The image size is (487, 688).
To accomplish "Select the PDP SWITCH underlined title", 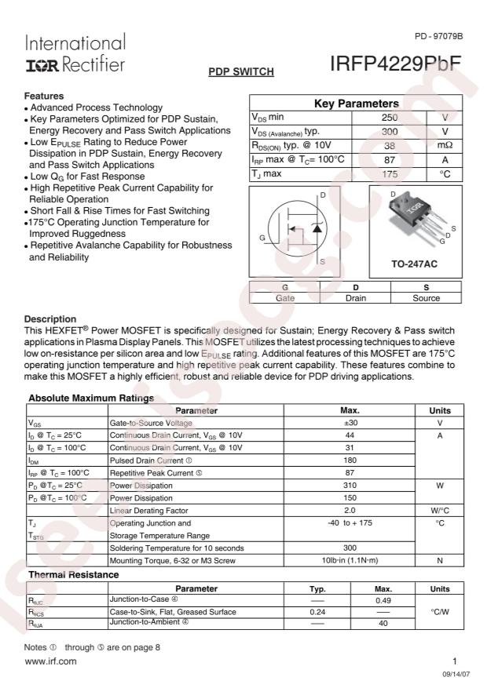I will point(240,72).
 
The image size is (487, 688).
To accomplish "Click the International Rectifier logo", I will point(75,53).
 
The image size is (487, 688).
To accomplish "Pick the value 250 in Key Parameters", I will point(389,117).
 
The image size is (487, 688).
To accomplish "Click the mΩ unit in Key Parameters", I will point(445,145).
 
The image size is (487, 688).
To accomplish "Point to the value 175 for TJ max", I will point(389,173).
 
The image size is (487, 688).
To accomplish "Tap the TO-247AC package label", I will point(414,264).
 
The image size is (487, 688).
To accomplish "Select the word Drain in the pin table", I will point(355,298).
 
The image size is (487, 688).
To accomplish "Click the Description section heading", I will point(50,319).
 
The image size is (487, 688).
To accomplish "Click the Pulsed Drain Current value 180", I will point(350,460).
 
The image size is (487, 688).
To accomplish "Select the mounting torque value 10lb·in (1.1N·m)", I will point(350,560).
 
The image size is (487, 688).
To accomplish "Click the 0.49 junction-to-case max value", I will point(383,601).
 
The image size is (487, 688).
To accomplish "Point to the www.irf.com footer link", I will point(51,661).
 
